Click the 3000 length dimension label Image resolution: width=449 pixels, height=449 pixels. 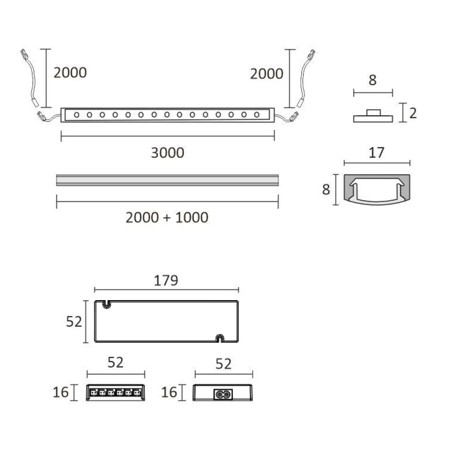point(168,153)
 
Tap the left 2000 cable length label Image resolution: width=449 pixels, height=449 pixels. point(70,73)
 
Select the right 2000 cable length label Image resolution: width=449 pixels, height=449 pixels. point(267,74)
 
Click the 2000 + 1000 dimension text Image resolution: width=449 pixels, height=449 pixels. point(167,217)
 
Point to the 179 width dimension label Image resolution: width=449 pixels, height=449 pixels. point(166,280)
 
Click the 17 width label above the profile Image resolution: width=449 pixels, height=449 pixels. point(376,153)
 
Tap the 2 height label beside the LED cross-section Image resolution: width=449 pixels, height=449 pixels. point(413,113)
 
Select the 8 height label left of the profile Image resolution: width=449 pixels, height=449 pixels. point(326,189)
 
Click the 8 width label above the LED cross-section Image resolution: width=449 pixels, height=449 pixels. point(373,80)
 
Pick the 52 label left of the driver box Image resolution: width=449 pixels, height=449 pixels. point(74,321)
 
